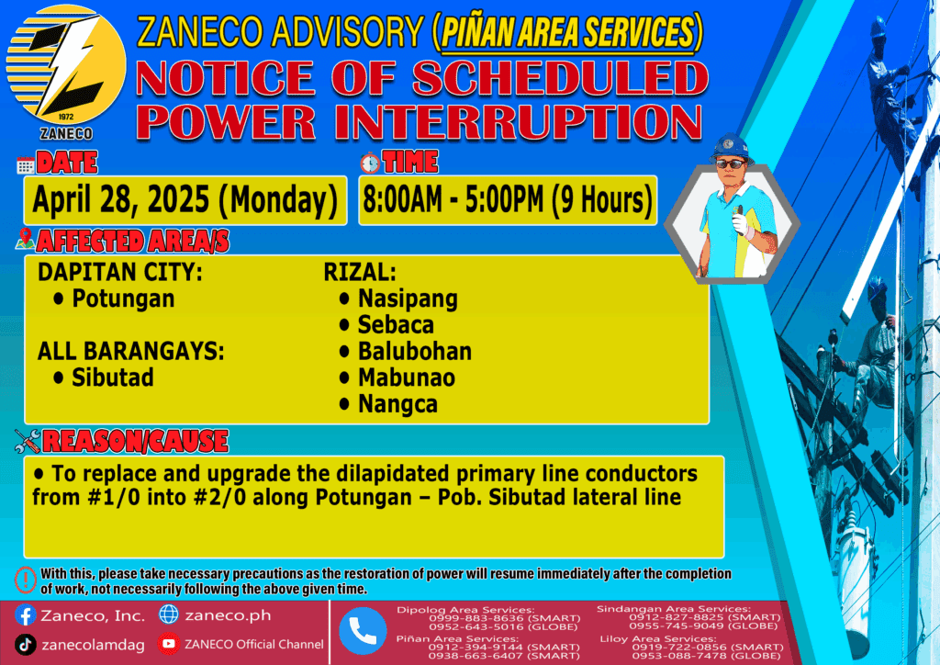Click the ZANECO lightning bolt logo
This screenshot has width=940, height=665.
(x=66, y=65)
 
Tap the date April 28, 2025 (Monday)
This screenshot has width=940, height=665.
(x=185, y=200)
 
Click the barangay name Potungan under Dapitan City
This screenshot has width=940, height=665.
(x=124, y=299)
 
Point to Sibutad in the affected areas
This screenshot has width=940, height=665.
(x=113, y=378)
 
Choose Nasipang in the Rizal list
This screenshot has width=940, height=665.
(x=408, y=299)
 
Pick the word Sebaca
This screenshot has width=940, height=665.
(x=396, y=324)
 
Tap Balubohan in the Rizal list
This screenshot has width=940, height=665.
(x=415, y=351)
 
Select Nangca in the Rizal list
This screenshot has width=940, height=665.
(x=398, y=404)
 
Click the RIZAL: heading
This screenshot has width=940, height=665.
(x=360, y=272)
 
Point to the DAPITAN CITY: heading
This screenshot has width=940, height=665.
(x=120, y=272)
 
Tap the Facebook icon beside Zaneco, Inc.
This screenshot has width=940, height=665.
(x=25, y=615)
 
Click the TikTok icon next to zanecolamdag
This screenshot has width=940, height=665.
(x=25, y=645)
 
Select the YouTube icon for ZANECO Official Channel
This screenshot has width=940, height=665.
(x=169, y=644)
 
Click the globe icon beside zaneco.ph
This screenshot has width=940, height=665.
(x=169, y=614)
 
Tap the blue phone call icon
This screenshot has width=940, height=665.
(x=363, y=631)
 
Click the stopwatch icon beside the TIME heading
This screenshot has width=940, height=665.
(x=370, y=163)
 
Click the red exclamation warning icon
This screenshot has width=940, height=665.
(x=25, y=580)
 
